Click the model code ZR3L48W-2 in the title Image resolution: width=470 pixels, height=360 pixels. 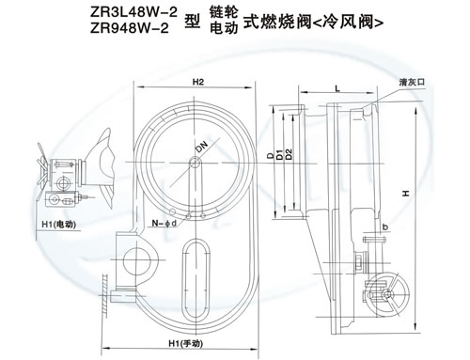[x=133, y=12]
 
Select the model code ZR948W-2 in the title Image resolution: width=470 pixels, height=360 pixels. [x=130, y=28]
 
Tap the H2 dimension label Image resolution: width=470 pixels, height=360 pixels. [x=198, y=83]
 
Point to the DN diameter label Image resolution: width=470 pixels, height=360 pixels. [x=202, y=147]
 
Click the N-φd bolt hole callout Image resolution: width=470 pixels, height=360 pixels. [x=164, y=223]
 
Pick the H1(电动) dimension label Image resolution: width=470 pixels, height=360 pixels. [x=59, y=225]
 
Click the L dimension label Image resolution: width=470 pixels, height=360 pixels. [x=337, y=89]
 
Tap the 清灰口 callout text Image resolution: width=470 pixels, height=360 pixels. [x=412, y=83]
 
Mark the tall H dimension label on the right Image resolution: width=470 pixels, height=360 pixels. [x=406, y=194]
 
